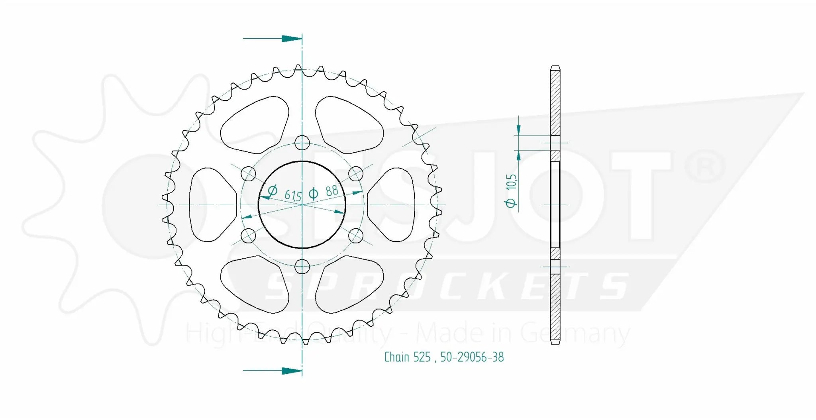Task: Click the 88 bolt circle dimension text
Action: (325, 192)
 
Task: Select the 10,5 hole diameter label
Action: (512, 191)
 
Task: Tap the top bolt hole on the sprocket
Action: (302, 142)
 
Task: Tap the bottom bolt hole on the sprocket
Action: (302, 266)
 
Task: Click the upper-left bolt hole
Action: (249, 174)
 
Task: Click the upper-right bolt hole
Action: (356, 174)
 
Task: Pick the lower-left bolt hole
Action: (249, 236)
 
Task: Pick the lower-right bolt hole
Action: (356, 236)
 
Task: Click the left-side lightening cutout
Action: (209, 204)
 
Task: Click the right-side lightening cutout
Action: (394, 204)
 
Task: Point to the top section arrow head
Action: (292, 39)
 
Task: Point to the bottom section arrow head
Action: (292, 371)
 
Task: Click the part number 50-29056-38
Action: (472, 357)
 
